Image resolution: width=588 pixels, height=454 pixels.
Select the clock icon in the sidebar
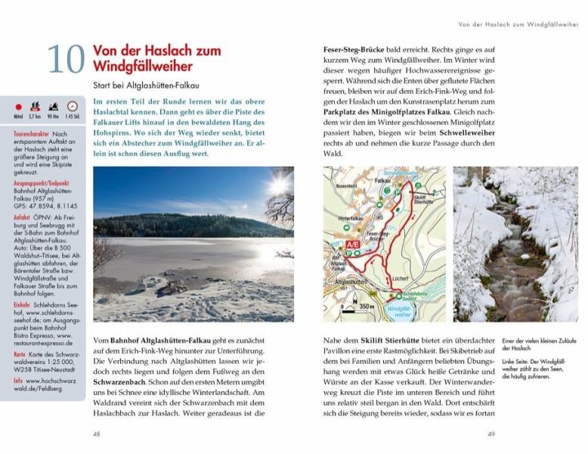73,107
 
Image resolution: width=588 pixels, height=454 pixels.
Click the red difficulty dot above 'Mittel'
18,107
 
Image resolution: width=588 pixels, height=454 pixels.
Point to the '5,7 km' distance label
35,117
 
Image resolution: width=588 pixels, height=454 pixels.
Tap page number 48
97,434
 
